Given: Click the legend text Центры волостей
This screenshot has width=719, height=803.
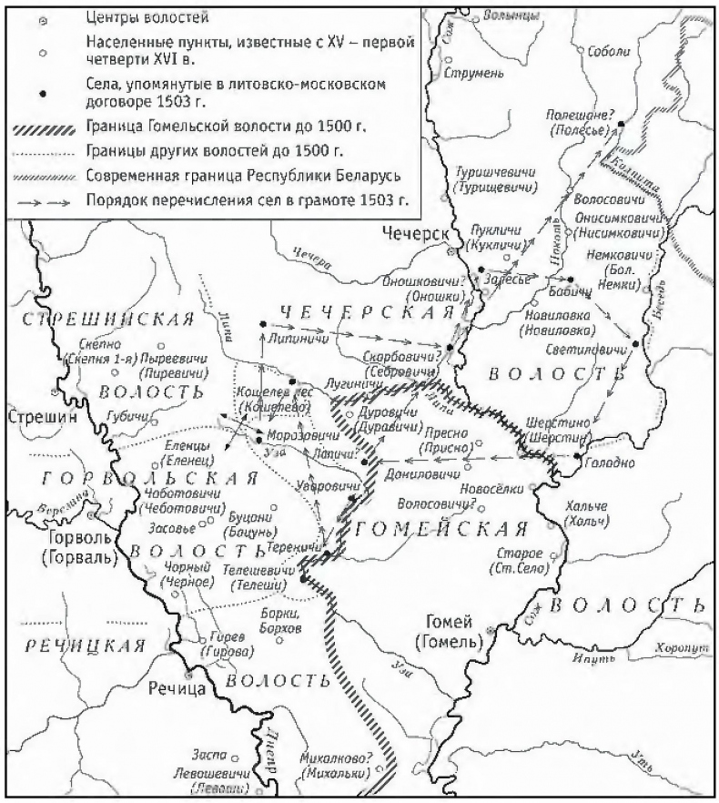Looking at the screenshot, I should [x=137, y=16].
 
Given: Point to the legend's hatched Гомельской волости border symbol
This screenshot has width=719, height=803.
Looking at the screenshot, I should [x=43, y=127].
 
